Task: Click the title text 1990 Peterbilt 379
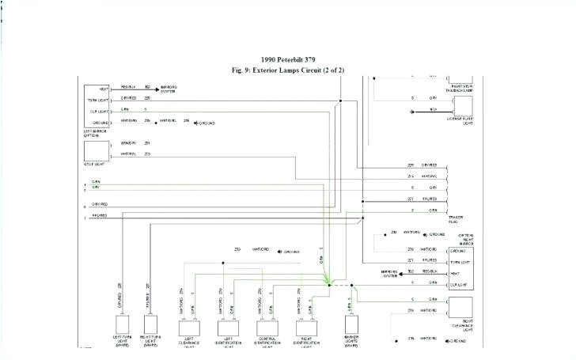click(289, 60)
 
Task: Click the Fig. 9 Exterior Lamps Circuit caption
click(289, 70)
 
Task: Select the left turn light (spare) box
click(122, 325)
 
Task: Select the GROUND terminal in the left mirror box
click(101, 122)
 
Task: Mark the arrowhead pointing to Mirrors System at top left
click(156, 88)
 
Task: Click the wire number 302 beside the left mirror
click(147, 87)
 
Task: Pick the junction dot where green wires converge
click(331, 282)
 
